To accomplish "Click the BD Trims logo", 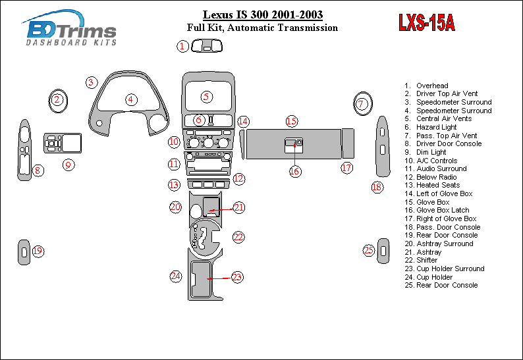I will [x=70, y=28].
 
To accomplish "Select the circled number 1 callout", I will [x=182, y=46].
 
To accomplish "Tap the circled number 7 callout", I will [x=361, y=103].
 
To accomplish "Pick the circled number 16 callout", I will [x=294, y=171].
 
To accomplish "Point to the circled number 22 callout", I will [x=238, y=236].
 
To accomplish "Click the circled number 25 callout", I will [x=369, y=250].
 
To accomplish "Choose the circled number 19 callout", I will [x=38, y=251].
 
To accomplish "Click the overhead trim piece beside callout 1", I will [x=207, y=45].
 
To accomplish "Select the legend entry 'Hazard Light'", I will [x=436, y=127].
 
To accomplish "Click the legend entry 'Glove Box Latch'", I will [x=443, y=210].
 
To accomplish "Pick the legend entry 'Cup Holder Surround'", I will [x=450, y=269].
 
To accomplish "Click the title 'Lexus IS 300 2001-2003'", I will [x=262, y=14].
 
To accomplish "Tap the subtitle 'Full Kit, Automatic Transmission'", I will [x=262, y=28].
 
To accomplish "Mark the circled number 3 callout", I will [x=92, y=82].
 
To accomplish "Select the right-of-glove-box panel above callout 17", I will [x=348, y=143].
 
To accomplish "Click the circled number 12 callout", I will [x=238, y=178].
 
